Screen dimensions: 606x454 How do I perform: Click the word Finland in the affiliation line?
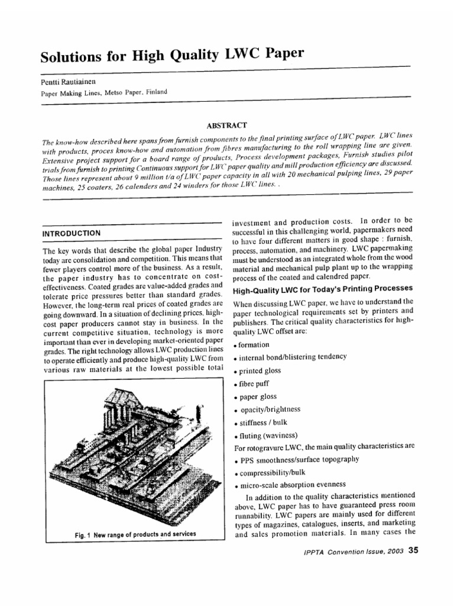pos(156,92)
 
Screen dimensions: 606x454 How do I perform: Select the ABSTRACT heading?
pos(222,125)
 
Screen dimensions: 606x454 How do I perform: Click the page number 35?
pos(413,550)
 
